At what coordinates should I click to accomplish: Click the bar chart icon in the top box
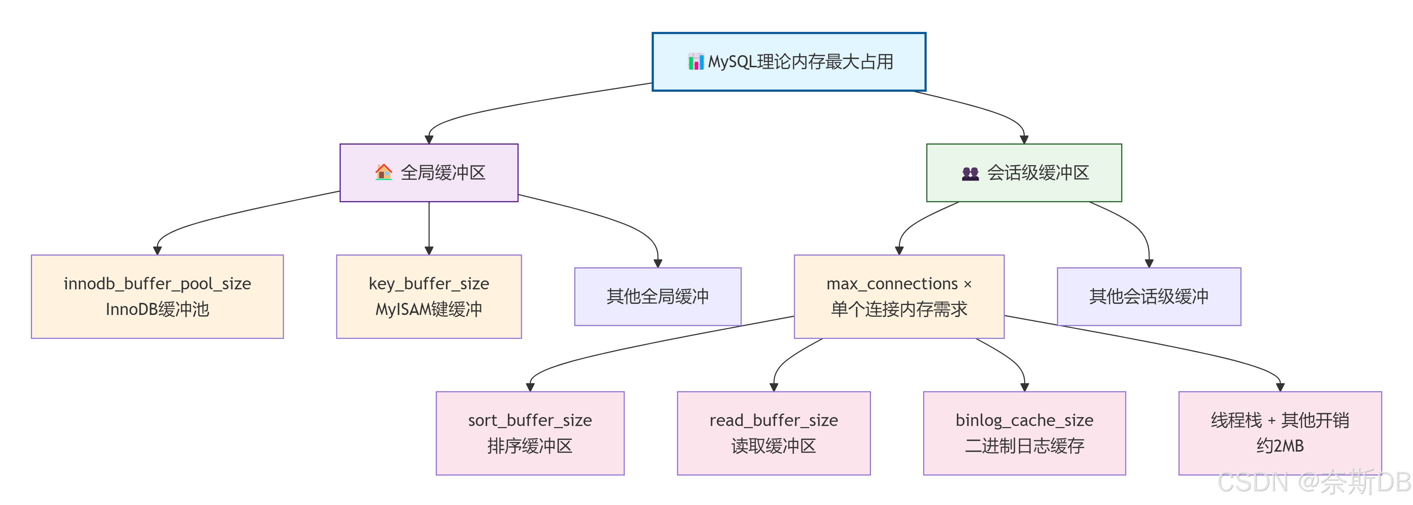click(x=696, y=62)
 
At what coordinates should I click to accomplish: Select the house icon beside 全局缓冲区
click(x=384, y=172)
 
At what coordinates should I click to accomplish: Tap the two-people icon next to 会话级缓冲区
click(x=970, y=173)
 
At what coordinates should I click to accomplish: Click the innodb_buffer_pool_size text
click(x=157, y=284)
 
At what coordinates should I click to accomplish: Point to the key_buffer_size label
click(x=429, y=284)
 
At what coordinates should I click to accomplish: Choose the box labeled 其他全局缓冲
click(x=658, y=296)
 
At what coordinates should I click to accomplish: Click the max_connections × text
click(x=899, y=284)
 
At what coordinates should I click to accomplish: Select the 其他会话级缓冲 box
click(x=1149, y=296)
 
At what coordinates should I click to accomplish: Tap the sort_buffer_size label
click(x=530, y=420)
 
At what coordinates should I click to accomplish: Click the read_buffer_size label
click(x=774, y=420)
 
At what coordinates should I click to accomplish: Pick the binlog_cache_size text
click(x=1024, y=420)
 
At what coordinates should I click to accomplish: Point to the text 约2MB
click(x=1280, y=446)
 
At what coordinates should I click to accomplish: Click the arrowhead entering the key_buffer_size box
click(x=429, y=250)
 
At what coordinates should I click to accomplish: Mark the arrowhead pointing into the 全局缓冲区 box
click(x=429, y=140)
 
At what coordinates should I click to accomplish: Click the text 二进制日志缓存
click(x=1024, y=446)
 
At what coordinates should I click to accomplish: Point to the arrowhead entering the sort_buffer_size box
click(x=530, y=387)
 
